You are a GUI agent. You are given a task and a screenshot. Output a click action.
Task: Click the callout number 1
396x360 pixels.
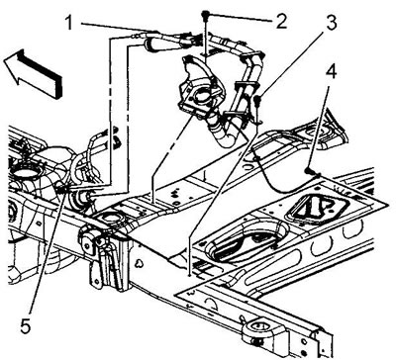68,23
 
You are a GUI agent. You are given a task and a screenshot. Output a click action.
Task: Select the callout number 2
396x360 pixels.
280,22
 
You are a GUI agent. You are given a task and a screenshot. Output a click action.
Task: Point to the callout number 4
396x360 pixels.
331,72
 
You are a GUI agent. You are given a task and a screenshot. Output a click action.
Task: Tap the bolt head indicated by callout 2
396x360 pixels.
205,14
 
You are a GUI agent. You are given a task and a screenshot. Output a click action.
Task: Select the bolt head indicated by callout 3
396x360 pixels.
257,98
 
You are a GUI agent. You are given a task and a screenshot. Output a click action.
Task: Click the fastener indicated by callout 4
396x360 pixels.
309,170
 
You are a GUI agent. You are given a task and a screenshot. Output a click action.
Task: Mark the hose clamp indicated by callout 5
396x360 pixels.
61,189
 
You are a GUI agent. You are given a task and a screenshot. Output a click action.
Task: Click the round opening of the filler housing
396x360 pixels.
200,96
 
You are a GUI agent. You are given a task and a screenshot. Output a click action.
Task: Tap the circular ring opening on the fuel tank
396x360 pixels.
27,172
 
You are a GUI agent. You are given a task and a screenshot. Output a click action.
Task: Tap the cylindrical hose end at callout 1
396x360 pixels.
150,45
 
